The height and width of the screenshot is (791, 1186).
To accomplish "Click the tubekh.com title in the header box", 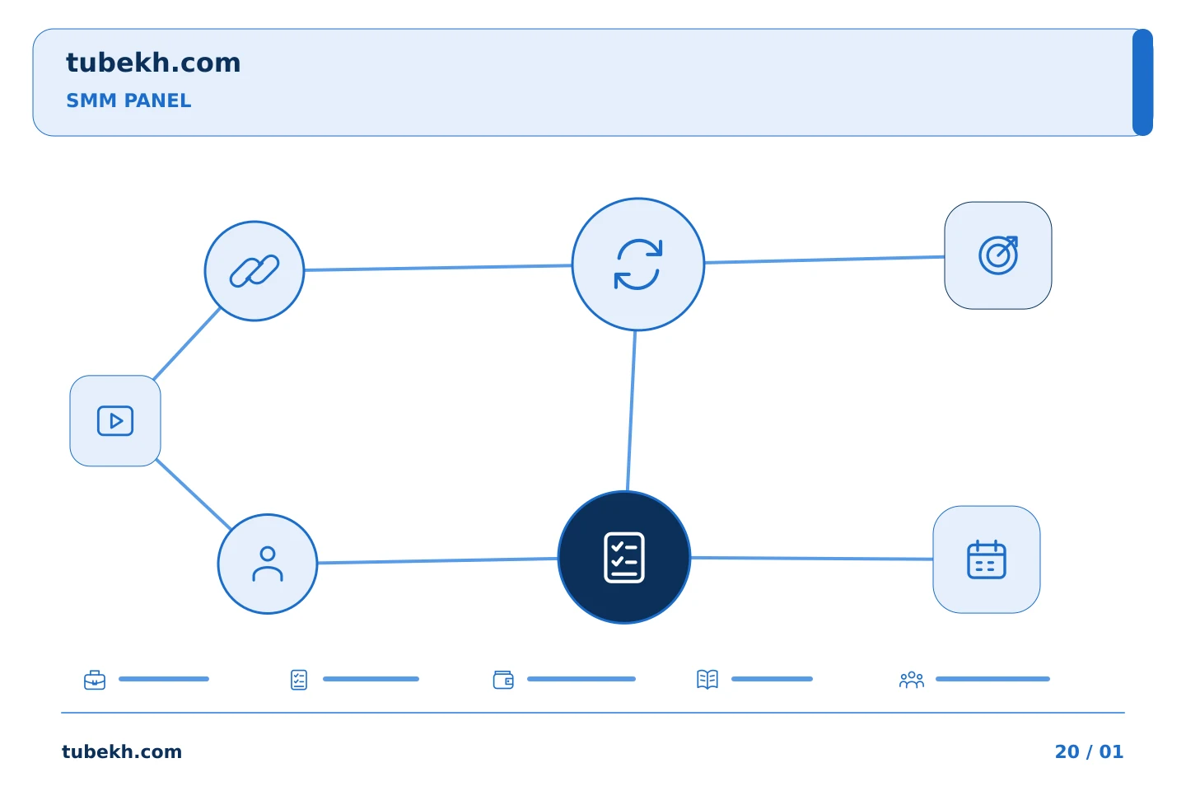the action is [153, 63].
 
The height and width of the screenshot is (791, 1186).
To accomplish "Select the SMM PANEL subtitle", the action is [128, 101].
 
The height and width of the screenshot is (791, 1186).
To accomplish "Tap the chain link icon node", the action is [254, 271].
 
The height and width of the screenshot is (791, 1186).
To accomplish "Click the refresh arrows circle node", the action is [638, 264].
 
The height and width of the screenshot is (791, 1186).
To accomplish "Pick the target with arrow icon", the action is [998, 255].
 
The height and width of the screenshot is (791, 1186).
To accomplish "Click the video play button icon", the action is [115, 421].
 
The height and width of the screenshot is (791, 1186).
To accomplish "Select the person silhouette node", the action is [268, 564].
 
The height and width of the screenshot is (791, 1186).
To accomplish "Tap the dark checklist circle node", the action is [624, 557].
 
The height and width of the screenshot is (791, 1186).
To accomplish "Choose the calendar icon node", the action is [987, 559].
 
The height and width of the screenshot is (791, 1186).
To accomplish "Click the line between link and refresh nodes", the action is [438, 268].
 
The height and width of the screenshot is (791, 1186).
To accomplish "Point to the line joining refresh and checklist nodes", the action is [631, 411].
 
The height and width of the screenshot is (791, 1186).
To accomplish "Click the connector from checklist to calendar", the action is [812, 559].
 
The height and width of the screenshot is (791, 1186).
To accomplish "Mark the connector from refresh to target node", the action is [825, 260].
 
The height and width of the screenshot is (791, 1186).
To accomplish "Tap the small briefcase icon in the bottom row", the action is [95, 680].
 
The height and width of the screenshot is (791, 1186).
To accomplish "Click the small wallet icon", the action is [503, 680].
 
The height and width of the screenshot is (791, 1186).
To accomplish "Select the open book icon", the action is [707, 679].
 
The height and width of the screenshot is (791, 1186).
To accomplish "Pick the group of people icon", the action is [911, 680].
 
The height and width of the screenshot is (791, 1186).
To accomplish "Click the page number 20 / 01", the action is [1089, 751].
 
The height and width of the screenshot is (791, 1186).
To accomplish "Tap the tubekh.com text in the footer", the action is [122, 751].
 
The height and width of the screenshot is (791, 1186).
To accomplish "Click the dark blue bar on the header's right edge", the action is [1142, 82].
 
